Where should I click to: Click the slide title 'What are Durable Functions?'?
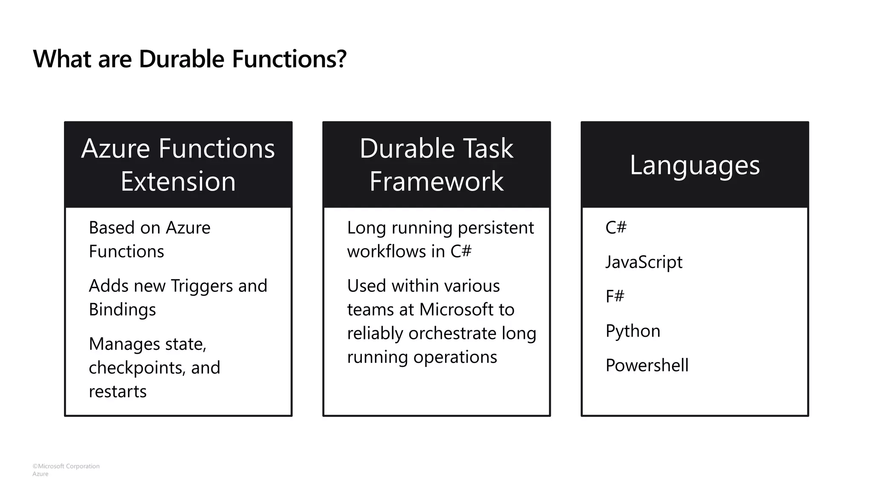pyautogui.click(x=190, y=59)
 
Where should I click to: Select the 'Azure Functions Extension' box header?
pyautogui.click(x=178, y=165)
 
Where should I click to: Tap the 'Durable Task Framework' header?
pyautogui.click(x=436, y=165)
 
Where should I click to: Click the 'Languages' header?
pyautogui.click(x=695, y=165)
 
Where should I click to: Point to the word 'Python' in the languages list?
pyautogui.click(x=633, y=331)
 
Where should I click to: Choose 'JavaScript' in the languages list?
pyautogui.click(x=644, y=262)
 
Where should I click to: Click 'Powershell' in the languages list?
pyautogui.click(x=647, y=366)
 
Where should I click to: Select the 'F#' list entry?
pyautogui.click(x=615, y=296)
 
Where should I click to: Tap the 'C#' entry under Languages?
pyautogui.click(x=616, y=228)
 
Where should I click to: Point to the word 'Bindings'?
pyautogui.click(x=122, y=310)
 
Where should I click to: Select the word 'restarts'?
pyautogui.click(x=118, y=392)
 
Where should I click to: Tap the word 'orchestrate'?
pyautogui.click(x=452, y=334)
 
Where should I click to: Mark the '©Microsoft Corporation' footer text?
pyautogui.click(x=66, y=466)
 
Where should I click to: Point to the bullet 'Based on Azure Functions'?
pyautogui.click(x=149, y=240)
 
